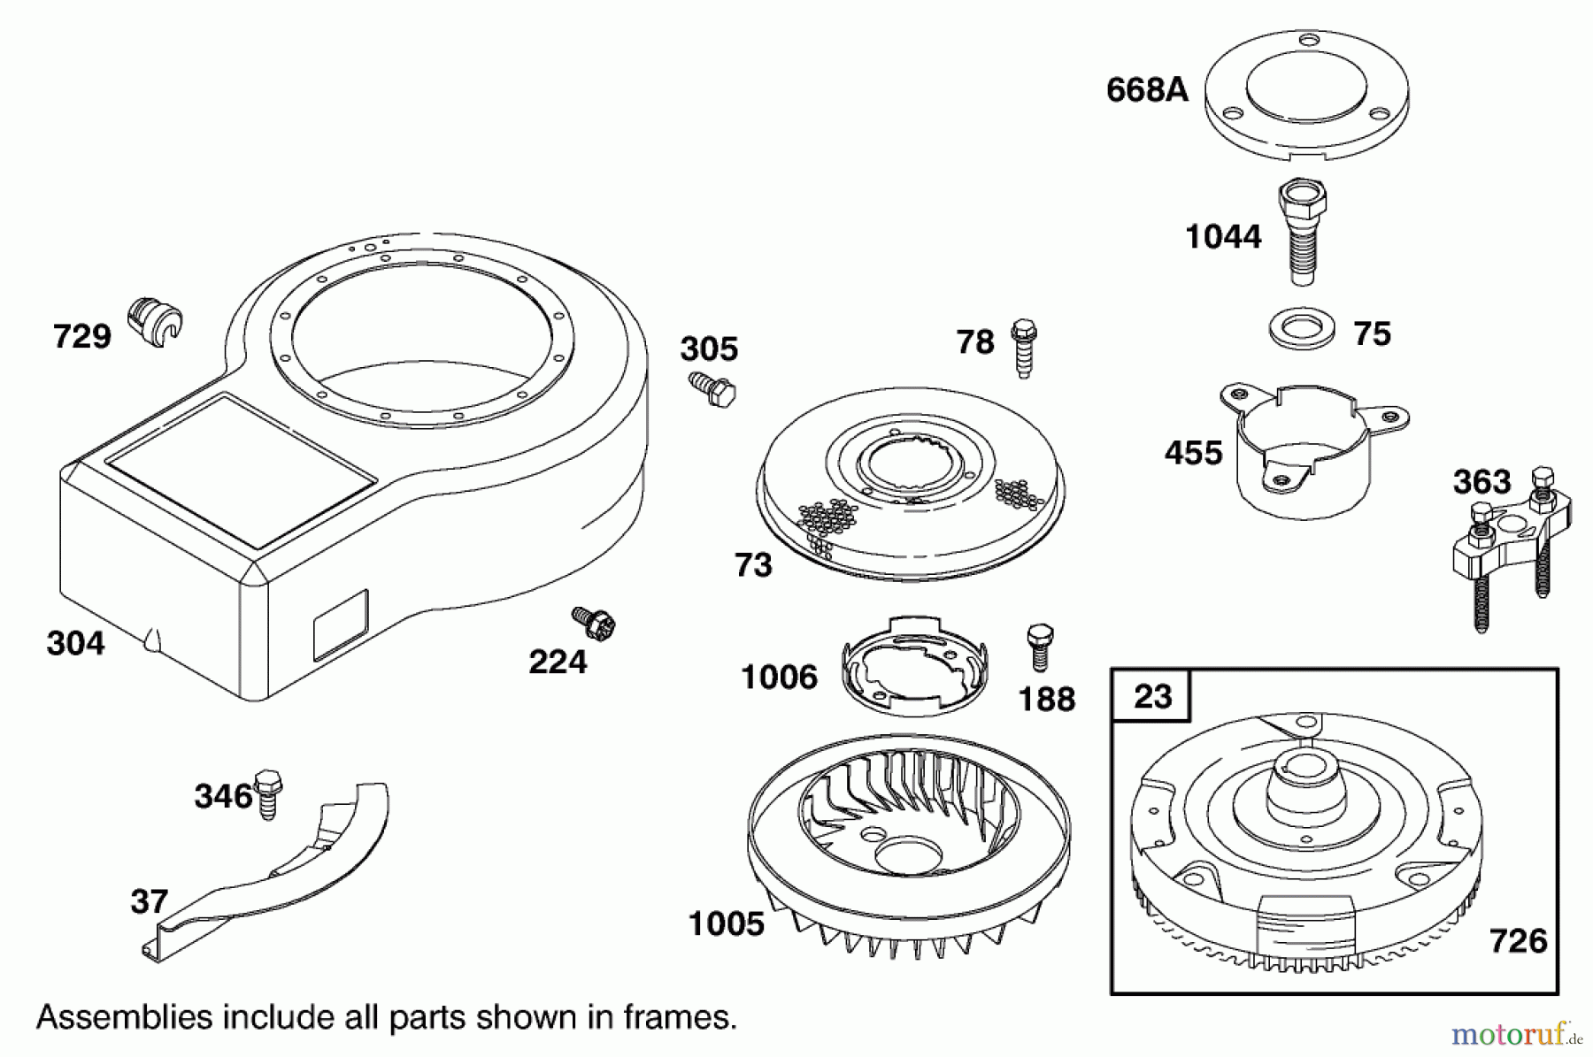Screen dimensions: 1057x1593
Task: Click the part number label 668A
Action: point(1147,90)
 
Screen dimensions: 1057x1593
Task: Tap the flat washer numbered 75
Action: point(1299,330)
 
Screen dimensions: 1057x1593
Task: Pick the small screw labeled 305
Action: point(712,389)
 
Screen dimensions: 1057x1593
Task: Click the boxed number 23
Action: point(1152,696)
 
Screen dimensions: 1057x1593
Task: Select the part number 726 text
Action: point(1518,940)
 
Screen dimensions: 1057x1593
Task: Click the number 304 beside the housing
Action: point(75,643)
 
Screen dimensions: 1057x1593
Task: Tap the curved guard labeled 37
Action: point(283,876)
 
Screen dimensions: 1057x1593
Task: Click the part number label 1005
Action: point(726,924)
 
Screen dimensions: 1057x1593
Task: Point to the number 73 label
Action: point(753,565)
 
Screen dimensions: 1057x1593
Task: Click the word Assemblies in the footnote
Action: point(124,1017)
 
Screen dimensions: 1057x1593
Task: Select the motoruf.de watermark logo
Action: point(1515,1032)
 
